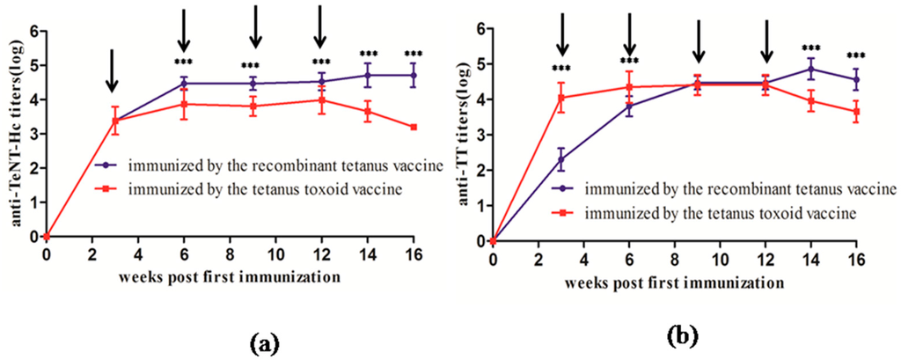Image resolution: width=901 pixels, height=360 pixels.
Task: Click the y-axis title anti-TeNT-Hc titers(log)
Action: (15, 133)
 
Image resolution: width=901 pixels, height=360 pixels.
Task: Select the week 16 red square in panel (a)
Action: (413, 128)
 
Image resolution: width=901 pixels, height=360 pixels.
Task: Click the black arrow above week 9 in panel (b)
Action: (698, 43)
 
